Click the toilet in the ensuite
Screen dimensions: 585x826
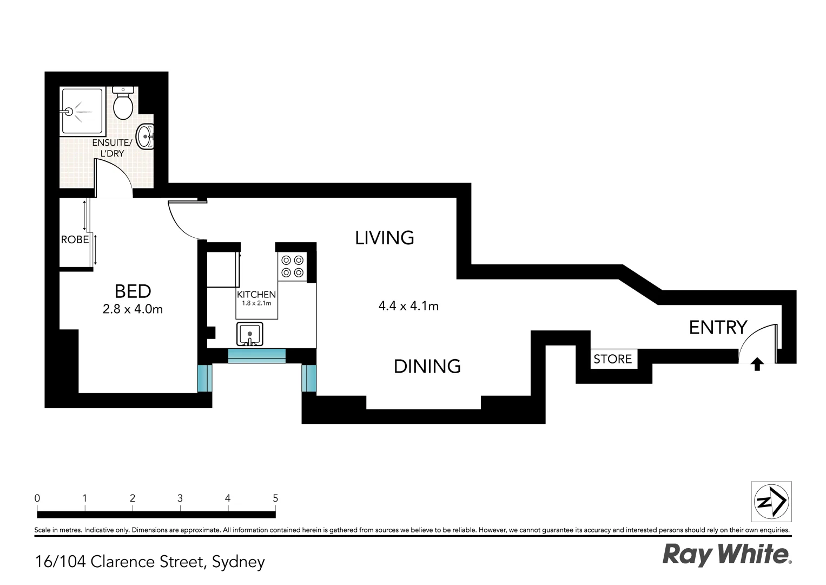123,103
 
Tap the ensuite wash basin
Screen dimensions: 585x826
145,136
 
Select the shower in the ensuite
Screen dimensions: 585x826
81,111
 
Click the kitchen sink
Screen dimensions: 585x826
250,334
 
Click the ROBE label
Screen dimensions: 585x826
75,239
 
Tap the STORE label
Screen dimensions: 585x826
612,359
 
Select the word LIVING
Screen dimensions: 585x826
385,238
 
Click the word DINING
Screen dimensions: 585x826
427,367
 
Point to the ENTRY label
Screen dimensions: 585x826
718,327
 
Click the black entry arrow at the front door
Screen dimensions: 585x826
757,365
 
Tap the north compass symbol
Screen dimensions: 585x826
771,502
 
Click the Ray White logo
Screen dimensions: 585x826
726,555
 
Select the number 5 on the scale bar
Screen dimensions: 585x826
275,498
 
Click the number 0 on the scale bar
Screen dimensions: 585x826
37,498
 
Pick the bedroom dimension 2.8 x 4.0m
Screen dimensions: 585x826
133,310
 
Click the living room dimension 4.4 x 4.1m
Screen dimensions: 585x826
408,306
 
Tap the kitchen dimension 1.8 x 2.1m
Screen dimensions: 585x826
256,303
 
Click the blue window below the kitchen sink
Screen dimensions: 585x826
256,356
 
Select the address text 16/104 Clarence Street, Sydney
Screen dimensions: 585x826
150,562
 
